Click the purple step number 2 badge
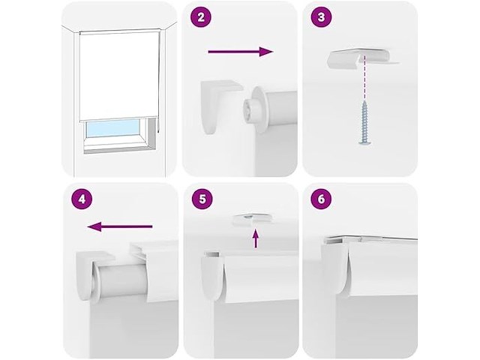pyautogui.click(x=201, y=17)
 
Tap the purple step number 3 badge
pyautogui.click(x=321, y=17)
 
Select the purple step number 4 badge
pyautogui.click(x=82, y=199)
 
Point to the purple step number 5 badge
pyautogui.click(x=202, y=199)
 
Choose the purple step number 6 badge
pyautogui.click(x=321, y=199)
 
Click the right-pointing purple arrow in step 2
pyautogui.click(x=241, y=52)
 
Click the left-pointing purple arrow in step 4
pyautogui.click(x=120, y=226)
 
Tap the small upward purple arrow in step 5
pyautogui.click(x=256, y=238)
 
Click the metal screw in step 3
pyautogui.click(x=365, y=122)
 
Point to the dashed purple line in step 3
pyautogui.click(x=365, y=78)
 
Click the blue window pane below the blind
pyautogui.click(x=113, y=128)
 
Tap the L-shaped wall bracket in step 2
pyautogui.click(x=219, y=106)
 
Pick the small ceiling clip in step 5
pyautogui.click(x=253, y=220)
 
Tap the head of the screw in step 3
pyautogui.click(x=365, y=142)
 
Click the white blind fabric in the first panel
pyautogui.click(x=118, y=76)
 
